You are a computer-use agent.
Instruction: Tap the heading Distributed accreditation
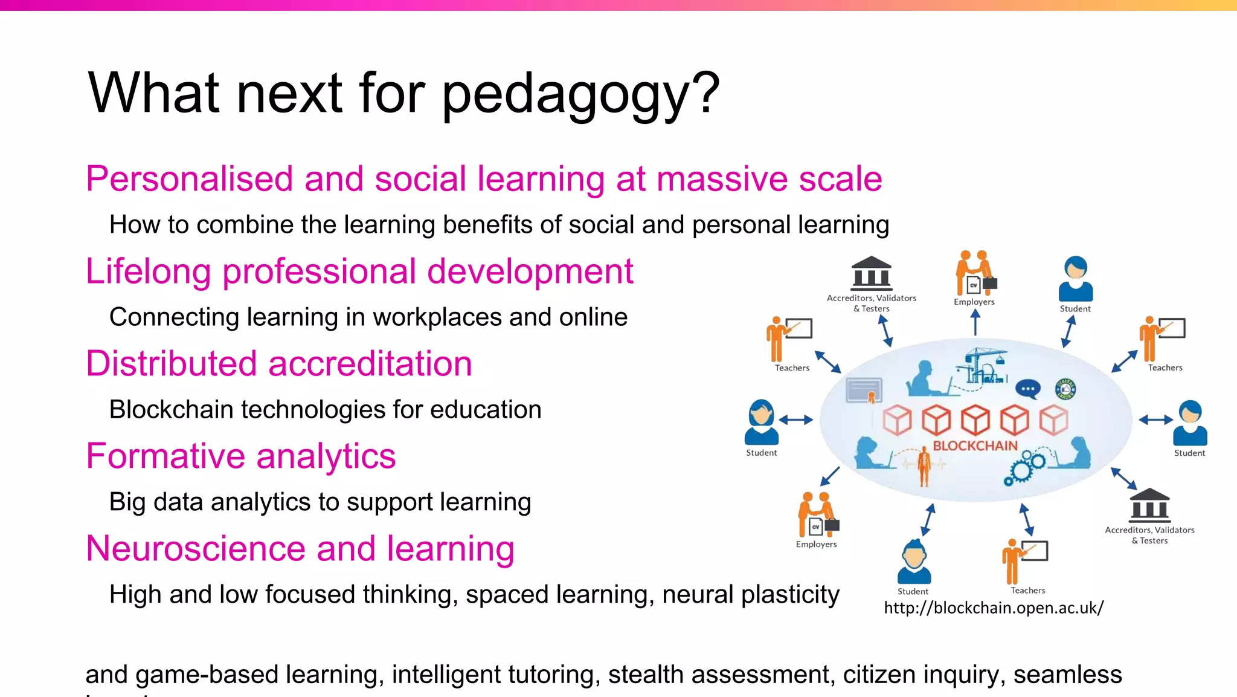point(278,364)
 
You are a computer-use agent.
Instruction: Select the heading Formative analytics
point(240,456)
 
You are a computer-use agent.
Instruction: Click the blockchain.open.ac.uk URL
point(993,608)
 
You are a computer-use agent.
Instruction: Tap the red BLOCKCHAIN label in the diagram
point(975,446)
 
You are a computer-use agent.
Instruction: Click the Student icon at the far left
point(761,422)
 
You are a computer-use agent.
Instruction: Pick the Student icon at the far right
point(1189,423)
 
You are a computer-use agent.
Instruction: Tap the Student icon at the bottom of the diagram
point(913,562)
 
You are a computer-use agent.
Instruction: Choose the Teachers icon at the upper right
point(1161,338)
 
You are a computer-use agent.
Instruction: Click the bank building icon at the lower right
point(1149,505)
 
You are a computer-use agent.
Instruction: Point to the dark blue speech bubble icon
point(1027,389)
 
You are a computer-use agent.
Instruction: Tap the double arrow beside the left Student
point(795,420)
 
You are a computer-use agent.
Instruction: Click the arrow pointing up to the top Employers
point(975,322)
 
